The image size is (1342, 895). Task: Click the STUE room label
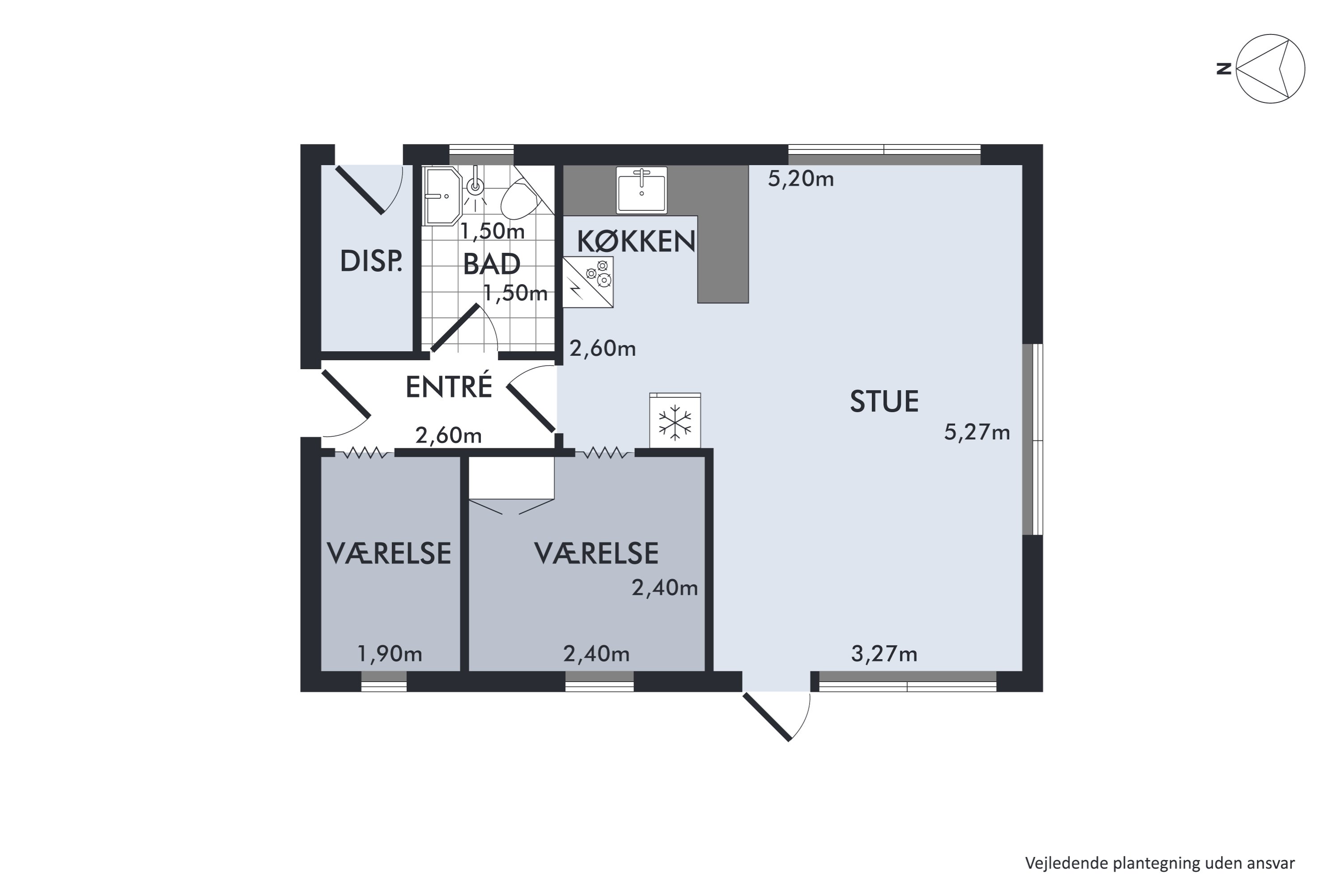point(884,401)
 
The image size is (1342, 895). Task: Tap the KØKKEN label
point(636,242)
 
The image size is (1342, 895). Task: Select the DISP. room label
point(371,261)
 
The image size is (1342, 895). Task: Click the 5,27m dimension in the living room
point(977,433)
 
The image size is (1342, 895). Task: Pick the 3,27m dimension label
point(884,653)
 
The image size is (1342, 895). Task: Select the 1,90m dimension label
point(390,653)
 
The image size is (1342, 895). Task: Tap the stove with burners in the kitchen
point(588,282)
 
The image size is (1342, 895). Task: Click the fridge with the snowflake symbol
point(675,421)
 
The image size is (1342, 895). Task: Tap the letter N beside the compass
point(1223,69)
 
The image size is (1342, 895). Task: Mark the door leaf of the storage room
point(360,190)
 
